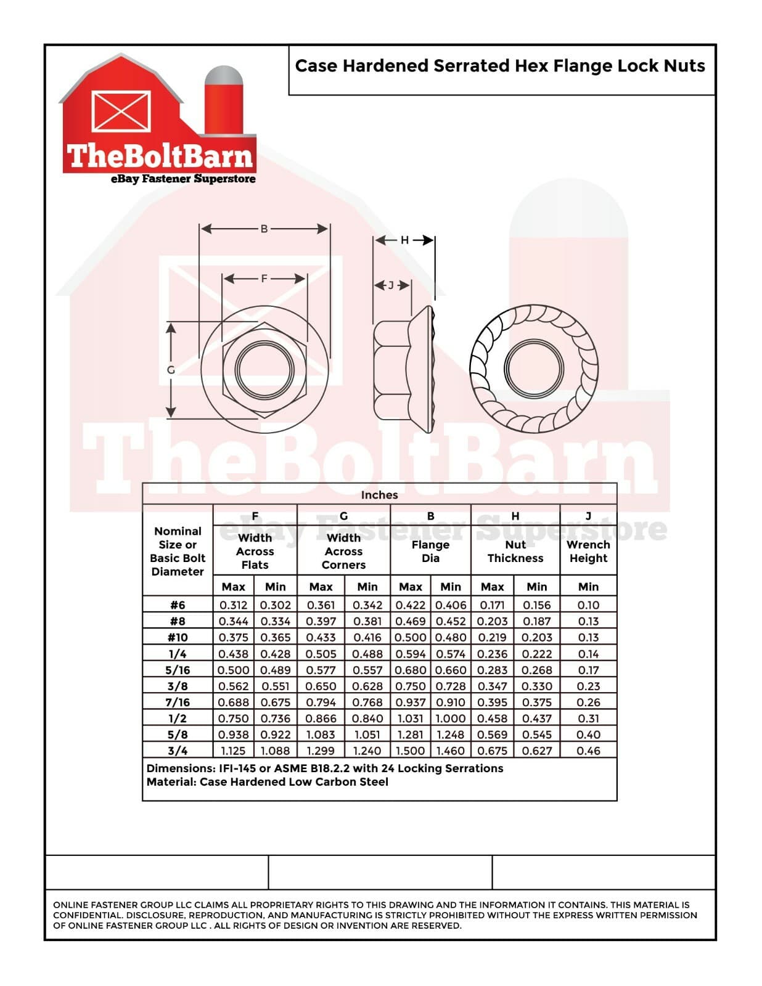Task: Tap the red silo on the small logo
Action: click(224, 105)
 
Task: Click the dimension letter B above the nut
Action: click(264, 229)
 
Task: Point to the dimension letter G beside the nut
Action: click(171, 370)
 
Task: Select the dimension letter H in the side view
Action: click(404, 240)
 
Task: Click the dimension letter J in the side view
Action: click(390, 285)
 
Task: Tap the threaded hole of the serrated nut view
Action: click(533, 369)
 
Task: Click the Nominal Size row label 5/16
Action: click(178, 670)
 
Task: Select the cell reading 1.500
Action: click(410, 751)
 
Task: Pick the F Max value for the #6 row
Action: click(233, 605)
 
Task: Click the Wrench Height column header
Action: click(588, 552)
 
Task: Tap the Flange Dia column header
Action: click(430, 552)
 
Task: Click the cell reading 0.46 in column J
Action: click(588, 751)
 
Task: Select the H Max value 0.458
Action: click(493, 719)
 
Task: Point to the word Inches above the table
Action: click(379, 495)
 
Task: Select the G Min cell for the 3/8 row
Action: click(367, 686)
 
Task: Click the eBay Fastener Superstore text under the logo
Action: click(183, 179)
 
